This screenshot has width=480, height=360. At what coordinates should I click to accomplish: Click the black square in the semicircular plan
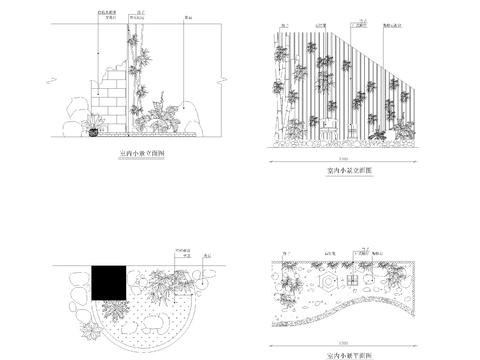point(108,283)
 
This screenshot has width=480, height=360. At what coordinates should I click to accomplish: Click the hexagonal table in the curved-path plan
point(335,283)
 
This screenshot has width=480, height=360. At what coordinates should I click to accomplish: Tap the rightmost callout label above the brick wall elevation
point(189,18)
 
